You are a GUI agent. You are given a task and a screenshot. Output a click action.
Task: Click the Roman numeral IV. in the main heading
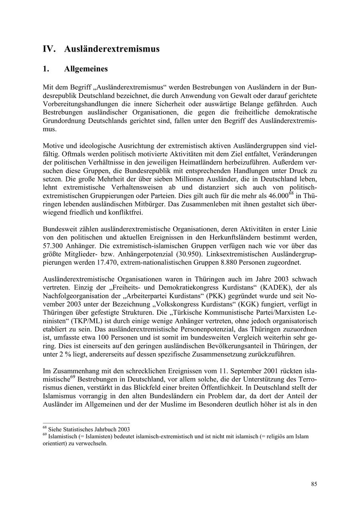pyautogui.click(x=49, y=49)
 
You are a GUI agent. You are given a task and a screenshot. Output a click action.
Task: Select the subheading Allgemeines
pyautogui.click(x=86, y=69)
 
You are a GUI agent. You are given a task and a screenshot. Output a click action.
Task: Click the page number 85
pyautogui.click(x=314, y=484)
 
